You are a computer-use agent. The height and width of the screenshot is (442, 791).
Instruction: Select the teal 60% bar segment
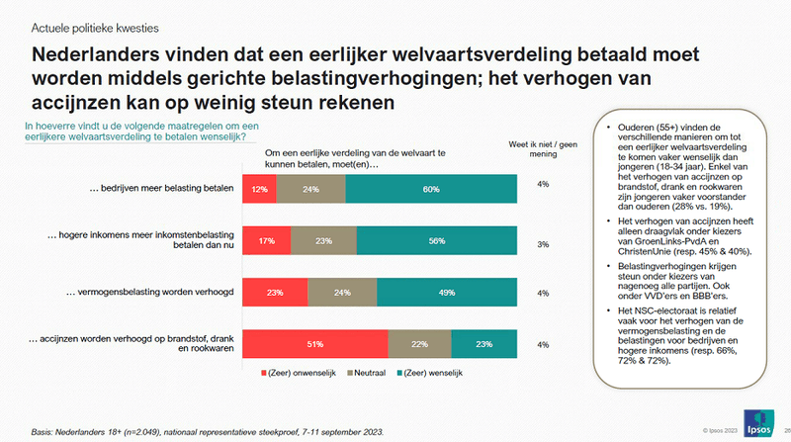point(430,187)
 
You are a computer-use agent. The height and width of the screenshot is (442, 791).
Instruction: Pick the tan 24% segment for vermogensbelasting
point(342,292)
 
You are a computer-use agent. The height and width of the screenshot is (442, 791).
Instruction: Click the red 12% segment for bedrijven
point(260,187)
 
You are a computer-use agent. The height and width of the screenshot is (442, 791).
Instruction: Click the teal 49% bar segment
point(445,292)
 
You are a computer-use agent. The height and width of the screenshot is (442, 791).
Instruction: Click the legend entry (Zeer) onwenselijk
point(297,373)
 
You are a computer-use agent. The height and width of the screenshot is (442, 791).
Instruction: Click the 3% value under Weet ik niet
point(542,243)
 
